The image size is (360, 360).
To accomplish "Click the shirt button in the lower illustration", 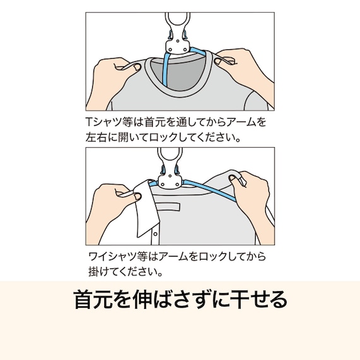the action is pyautogui.click(x=155, y=234).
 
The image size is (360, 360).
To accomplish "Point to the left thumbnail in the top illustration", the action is pyautogui.click(x=137, y=67).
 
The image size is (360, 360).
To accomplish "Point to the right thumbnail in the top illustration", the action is pyautogui.click(x=217, y=61).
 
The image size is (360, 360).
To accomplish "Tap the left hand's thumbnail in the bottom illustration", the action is pyautogui.click(x=138, y=196).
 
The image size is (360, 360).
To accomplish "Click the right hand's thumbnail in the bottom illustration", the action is pyautogui.click(x=232, y=178).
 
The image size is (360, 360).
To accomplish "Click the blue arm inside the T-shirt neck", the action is pyautogui.click(x=166, y=69).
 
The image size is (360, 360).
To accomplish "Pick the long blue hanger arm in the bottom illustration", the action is pyautogui.click(x=209, y=190).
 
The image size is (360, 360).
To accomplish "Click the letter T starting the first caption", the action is pyautogui.click(x=89, y=122).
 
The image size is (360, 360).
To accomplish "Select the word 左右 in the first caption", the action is pyautogui.click(x=95, y=137).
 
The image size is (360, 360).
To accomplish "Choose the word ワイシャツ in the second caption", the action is pyautogui.click(x=112, y=256).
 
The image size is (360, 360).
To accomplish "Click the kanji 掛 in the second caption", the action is pyautogui.click(x=93, y=272).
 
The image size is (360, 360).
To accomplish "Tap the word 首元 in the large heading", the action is pyautogui.click(x=93, y=299).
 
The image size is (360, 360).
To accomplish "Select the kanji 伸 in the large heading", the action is pyautogui.click(x=143, y=299).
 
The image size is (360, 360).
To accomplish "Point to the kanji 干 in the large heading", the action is pyautogui.click(x=240, y=299).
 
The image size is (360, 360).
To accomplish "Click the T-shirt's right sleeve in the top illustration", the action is pyautogui.click(x=256, y=101).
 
